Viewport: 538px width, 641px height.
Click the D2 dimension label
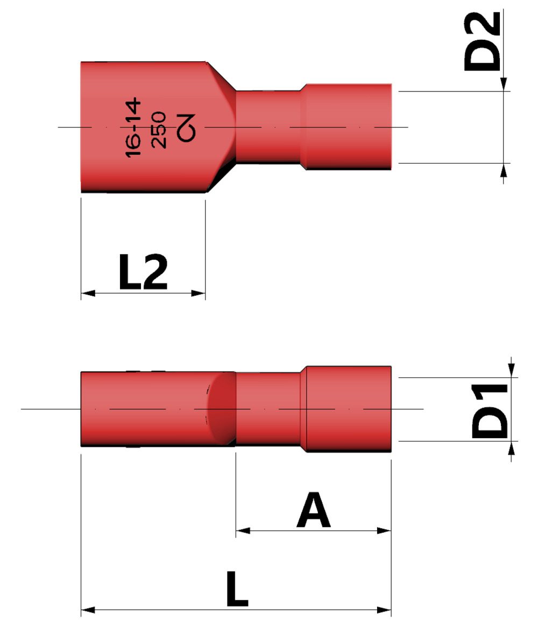482,42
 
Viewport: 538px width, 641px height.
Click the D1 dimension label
490,410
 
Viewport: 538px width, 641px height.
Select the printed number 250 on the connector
160,130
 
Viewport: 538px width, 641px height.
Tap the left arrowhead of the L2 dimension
88,294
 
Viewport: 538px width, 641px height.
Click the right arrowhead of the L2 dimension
199,294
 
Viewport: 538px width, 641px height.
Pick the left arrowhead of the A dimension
243,531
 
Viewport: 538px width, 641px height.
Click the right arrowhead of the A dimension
384,531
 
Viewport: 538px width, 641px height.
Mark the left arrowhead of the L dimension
88,610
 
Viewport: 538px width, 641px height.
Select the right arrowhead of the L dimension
384,610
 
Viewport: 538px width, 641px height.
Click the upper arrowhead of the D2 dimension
504,84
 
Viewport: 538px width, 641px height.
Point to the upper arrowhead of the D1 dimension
511,371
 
